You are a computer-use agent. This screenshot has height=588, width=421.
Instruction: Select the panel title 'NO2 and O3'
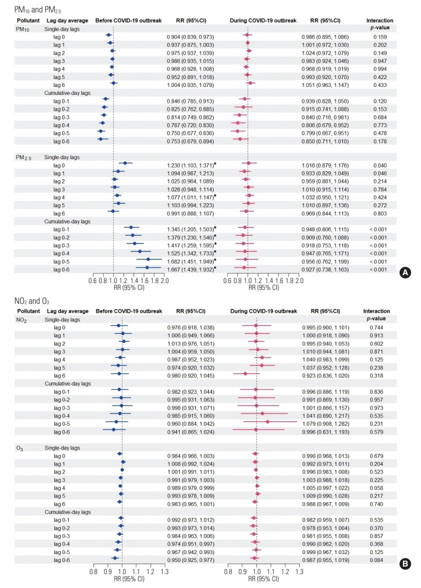[24, 300]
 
